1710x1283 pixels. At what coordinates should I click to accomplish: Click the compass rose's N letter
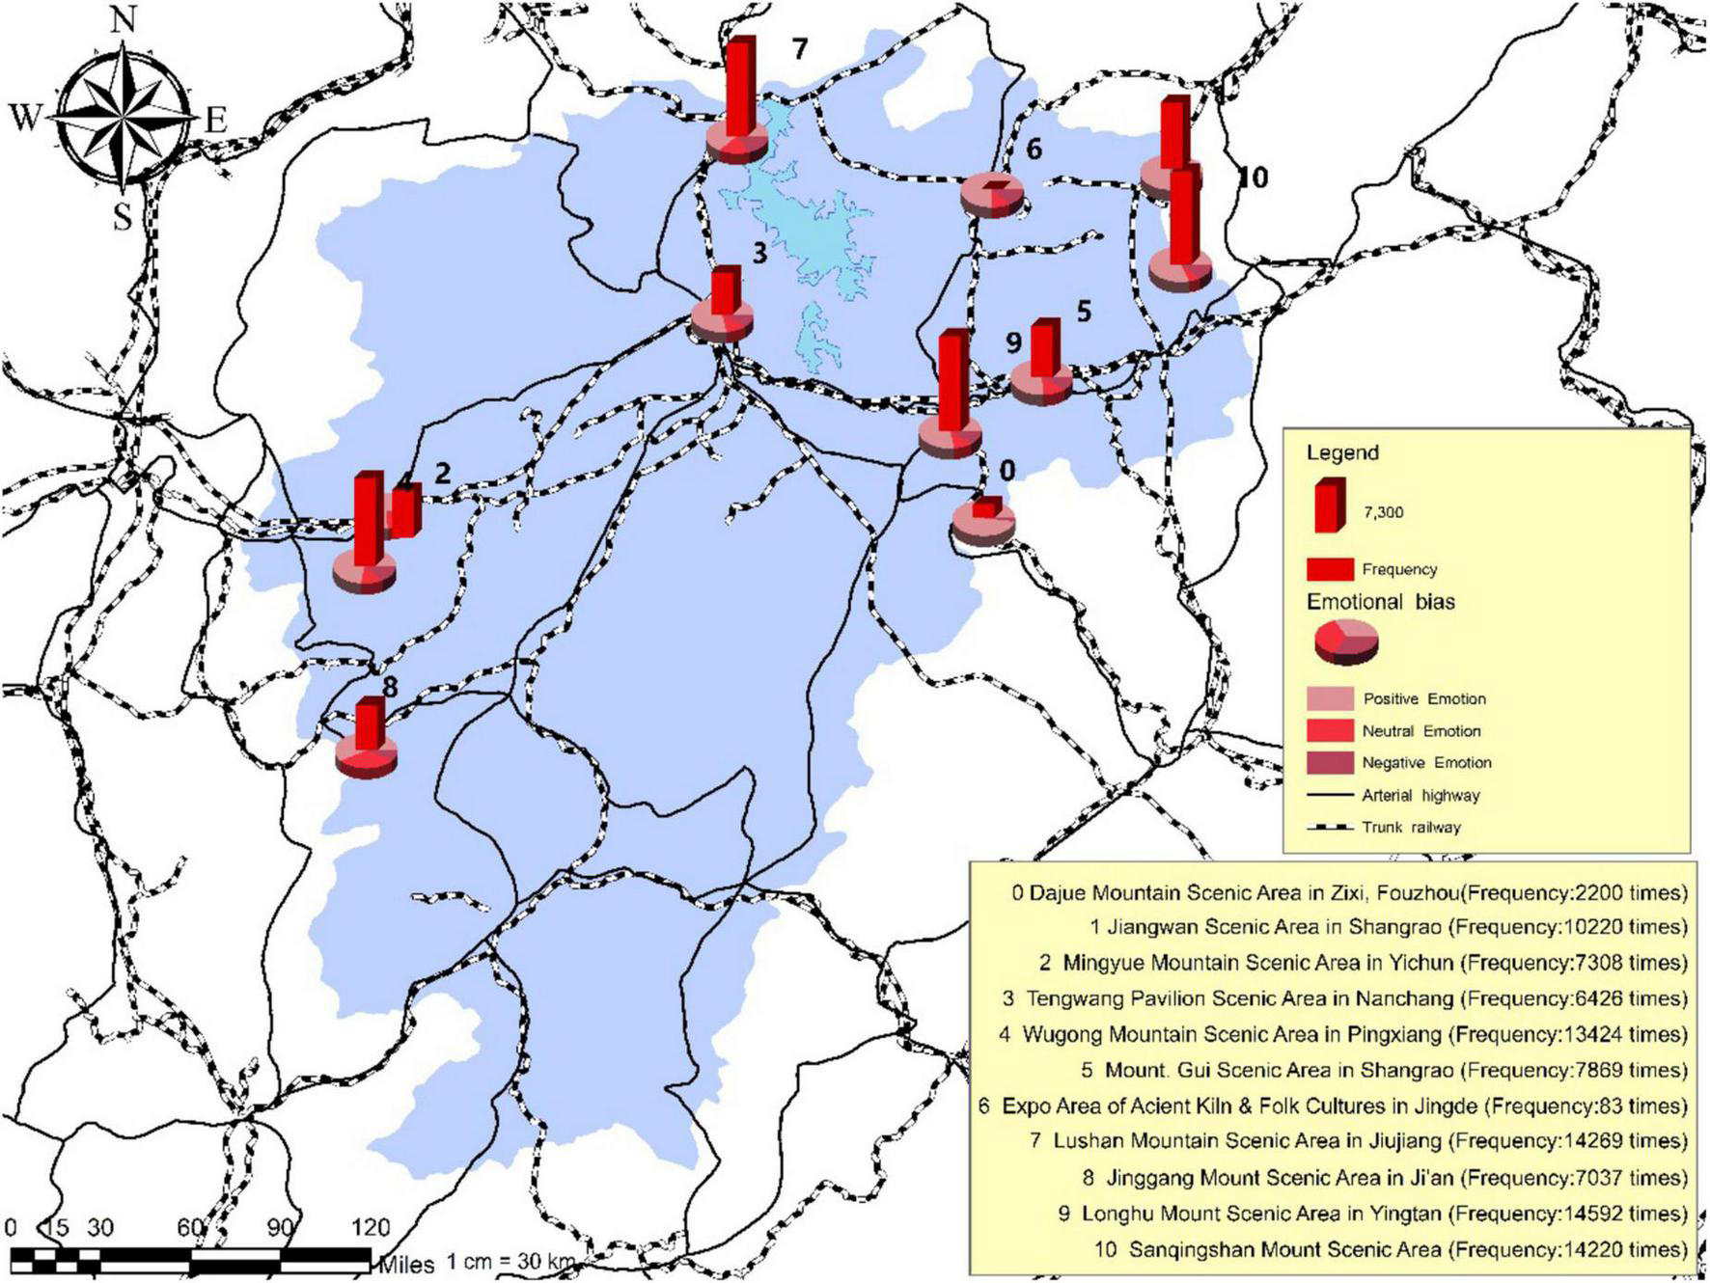click(122, 20)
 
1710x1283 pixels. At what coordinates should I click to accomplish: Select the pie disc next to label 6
click(991, 195)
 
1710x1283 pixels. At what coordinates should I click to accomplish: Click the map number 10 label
click(1251, 177)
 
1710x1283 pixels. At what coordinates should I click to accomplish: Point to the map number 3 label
click(759, 253)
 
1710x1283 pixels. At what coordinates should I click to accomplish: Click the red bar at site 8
click(369, 723)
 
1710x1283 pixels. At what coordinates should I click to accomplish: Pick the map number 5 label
click(1083, 312)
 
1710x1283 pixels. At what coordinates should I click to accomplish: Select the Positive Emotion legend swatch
click(1330, 698)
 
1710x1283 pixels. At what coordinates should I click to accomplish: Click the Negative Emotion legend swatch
click(1330, 762)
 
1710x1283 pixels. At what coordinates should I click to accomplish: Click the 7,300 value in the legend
click(1383, 512)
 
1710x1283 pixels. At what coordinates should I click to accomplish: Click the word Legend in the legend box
click(1342, 452)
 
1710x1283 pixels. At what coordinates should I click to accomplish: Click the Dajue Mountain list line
click(1349, 893)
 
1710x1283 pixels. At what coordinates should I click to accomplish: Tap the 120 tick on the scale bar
click(371, 1228)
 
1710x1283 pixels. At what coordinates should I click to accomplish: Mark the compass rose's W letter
click(26, 118)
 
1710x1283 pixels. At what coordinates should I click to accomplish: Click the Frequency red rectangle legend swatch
click(1330, 569)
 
